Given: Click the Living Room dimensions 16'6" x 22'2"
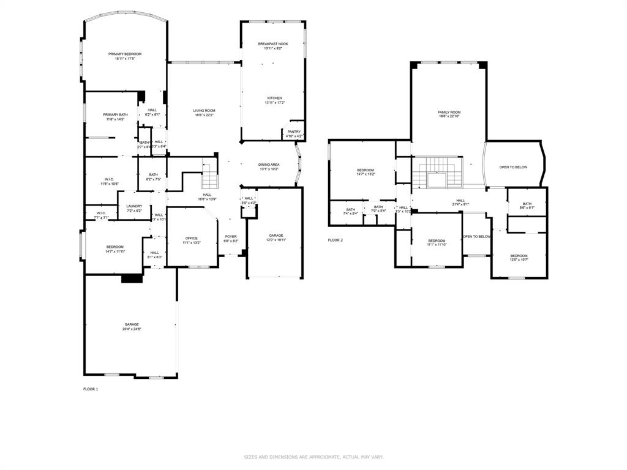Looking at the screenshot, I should [205, 115].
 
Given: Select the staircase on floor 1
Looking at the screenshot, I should [210, 176].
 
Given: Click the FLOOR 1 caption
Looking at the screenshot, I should [91, 389].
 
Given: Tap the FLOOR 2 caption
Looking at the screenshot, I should [336, 240].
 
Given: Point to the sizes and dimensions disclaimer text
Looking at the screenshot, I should [313, 457].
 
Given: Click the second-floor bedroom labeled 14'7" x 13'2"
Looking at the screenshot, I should [366, 172].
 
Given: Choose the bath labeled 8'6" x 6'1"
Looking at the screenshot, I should [527, 206].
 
